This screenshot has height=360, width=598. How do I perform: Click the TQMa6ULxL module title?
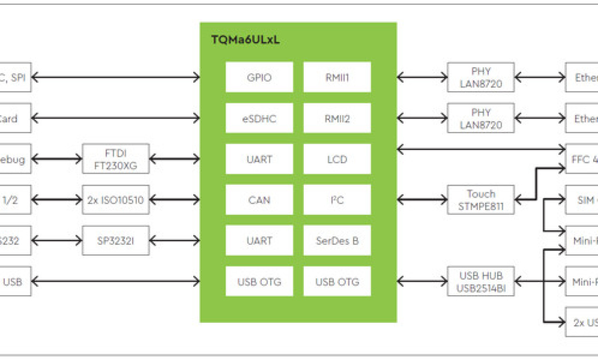pos(245,40)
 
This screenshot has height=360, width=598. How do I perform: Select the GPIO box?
pos(259,77)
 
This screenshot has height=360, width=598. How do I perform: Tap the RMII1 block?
pos(337,77)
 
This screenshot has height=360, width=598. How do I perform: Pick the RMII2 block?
pos(337,118)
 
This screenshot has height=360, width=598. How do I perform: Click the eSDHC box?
pos(259,118)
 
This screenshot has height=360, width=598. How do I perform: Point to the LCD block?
pos(337,159)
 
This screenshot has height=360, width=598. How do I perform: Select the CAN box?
pos(259,200)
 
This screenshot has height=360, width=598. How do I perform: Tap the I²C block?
pos(337,200)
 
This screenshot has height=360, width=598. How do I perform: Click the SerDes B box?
pos(337,241)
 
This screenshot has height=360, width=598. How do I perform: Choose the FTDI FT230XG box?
pos(116,159)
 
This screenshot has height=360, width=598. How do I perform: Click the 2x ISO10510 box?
pos(116,200)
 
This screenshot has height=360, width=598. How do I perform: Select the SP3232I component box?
pos(116,241)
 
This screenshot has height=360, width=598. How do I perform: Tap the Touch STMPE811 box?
pos(480,200)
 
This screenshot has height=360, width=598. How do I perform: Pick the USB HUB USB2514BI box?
pos(480,281)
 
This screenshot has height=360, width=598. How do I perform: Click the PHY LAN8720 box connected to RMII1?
pos(480,77)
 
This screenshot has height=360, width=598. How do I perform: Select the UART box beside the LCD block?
pos(259,159)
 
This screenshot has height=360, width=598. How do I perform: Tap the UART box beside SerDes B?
pos(259,241)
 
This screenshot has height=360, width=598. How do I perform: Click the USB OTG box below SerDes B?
pos(337,282)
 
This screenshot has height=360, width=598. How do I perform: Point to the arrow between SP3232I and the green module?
pos(175,241)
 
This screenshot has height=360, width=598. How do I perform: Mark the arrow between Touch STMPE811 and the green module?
pos(422,200)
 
